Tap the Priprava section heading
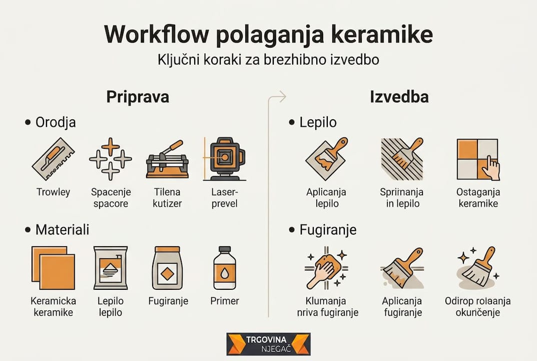pos(138,97)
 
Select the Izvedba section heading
pos(399,97)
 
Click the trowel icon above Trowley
pos(53,159)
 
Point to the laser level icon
pos(223,159)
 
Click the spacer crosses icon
pos(110,159)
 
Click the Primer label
pos(225,301)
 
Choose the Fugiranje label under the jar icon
pos(168,301)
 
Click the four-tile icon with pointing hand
pos(478,159)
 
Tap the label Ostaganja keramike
pos(477,198)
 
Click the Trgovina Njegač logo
pos(268,343)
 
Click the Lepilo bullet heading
pos(318,122)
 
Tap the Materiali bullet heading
pos(62,230)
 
